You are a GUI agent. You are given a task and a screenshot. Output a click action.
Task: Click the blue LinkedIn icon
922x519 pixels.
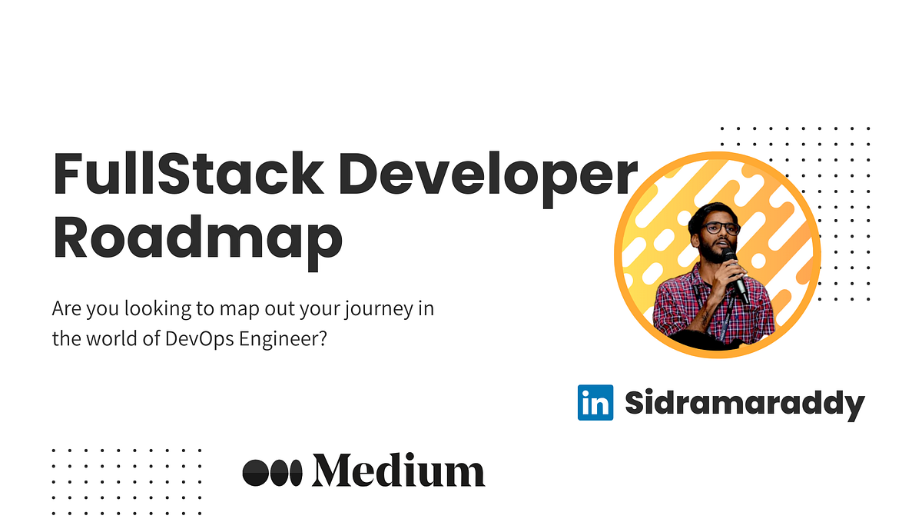click(595, 402)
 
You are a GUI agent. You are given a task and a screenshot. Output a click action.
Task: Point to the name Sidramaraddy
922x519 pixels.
click(745, 403)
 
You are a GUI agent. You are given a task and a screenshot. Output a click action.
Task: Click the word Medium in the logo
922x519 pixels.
click(398, 471)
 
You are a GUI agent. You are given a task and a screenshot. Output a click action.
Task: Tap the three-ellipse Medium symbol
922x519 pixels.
click(273, 471)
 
